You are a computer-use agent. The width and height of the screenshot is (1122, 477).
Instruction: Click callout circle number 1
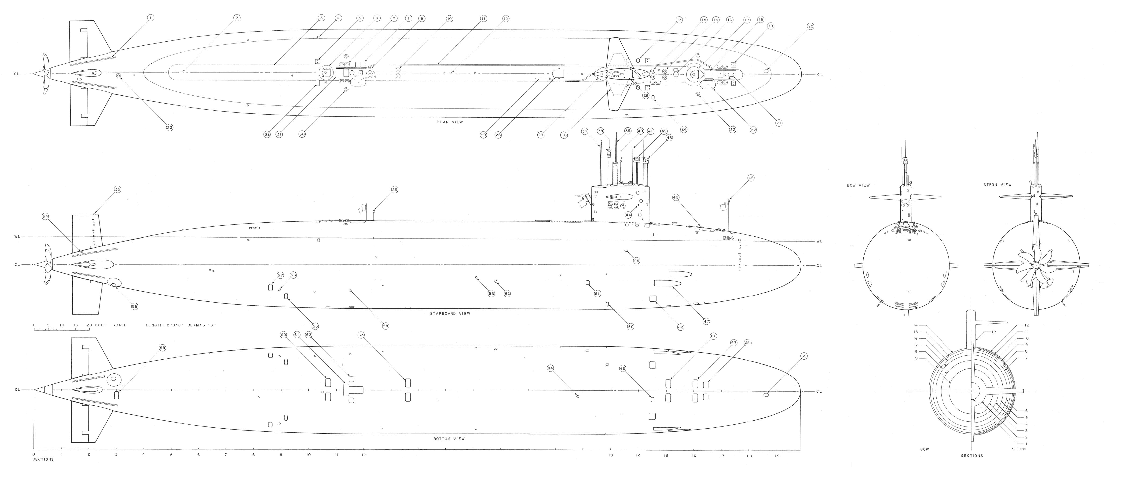[x=151, y=18]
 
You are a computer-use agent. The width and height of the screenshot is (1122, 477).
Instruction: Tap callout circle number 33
[x=169, y=127]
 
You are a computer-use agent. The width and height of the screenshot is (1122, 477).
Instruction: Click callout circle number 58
[x=135, y=306]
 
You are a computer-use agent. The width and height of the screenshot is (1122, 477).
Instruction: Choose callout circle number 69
[x=804, y=356]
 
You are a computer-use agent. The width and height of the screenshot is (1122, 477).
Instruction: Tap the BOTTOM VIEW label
[x=449, y=439]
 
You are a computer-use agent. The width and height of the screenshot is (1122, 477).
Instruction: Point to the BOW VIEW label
[x=858, y=185]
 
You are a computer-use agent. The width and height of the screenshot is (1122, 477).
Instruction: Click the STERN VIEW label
[x=997, y=185]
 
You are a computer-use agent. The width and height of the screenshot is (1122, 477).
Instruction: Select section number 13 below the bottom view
[x=611, y=456]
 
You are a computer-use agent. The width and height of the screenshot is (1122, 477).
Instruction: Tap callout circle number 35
[x=117, y=189]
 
